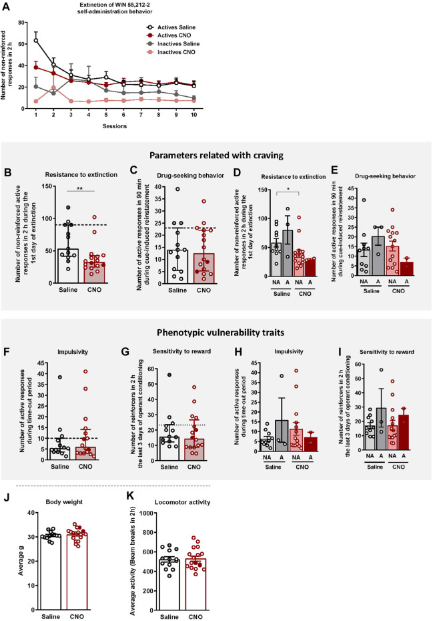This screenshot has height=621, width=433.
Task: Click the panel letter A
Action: (7, 6)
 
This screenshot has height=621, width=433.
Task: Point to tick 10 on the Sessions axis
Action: (212, 122)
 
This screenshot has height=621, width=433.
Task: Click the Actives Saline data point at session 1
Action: (36, 40)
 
